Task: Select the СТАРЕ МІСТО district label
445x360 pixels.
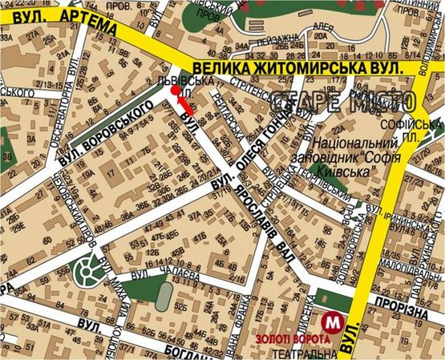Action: [x=345, y=103]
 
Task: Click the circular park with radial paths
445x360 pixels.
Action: [x=90, y=273]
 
